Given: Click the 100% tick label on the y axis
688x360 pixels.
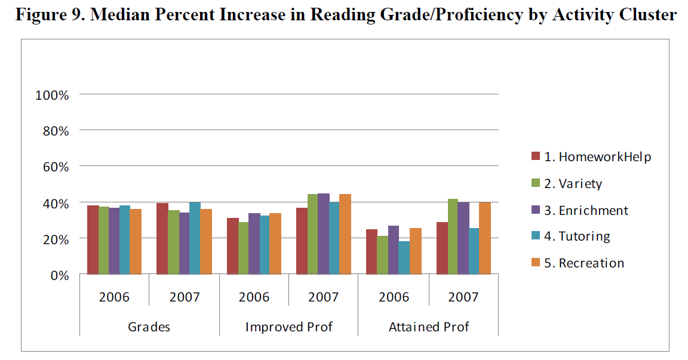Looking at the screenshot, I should point(53,94).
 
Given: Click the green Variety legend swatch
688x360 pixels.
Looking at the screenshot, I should point(536,183).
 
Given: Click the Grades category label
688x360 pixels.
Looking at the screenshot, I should point(149,327).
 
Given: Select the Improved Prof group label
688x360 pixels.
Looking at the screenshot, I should point(288,327).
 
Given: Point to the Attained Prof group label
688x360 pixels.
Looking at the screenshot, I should point(428,327).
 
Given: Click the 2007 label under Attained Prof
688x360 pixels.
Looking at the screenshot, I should point(463,297).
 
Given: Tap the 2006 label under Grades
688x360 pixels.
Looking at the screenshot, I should point(114,297).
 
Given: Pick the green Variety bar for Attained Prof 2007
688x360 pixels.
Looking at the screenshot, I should point(453,237).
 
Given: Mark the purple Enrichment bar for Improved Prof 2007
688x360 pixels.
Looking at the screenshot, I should point(324,234).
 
